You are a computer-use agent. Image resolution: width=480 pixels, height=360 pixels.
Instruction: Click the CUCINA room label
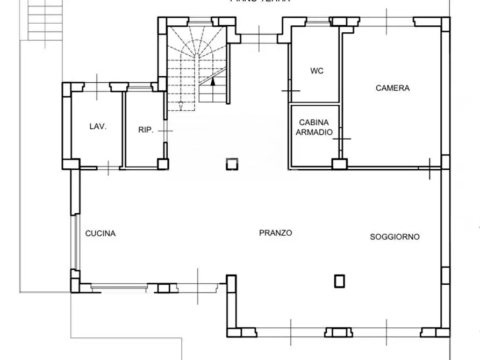pyautogui.click(x=101, y=233)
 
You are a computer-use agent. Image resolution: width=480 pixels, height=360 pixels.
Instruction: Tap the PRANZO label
pyautogui.click(x=275, y=233)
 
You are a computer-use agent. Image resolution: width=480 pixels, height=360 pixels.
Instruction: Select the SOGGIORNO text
pyautogui.click(x=395, y=236)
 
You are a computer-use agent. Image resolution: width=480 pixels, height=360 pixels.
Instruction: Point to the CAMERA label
pyautogui.click(x=392, y=88)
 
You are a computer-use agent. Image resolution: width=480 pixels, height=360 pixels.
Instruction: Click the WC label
pyautogui.click(x=317, y=71)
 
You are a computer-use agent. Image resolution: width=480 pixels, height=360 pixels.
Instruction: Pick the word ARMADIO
pyautogui.click(x=314, y=132)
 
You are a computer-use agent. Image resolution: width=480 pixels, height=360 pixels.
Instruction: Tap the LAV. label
pyautogui.click(x=98, y=127)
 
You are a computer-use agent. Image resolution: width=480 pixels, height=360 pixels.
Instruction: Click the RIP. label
pyautogui.click(x=146, y=129)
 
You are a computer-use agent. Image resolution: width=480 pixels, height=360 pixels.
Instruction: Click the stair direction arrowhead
pyautogui.click(x=213, y=82)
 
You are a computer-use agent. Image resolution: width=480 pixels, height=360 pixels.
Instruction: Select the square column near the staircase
pyautogui.click(x=231, y=164)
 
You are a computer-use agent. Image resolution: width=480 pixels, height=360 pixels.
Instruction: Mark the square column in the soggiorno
pyautogui.click(x=339, y=280)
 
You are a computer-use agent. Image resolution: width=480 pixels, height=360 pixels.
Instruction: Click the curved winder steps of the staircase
pyautogui.click(x=196, y=51)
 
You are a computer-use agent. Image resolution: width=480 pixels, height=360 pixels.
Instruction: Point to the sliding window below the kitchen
pyautogui.click(x=118, y=287)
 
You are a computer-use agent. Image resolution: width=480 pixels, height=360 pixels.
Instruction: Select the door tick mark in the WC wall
pyautogui.click(x=291, y=91)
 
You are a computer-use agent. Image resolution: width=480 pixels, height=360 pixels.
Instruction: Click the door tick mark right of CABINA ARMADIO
pyautogui.click(x=341, y=139)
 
